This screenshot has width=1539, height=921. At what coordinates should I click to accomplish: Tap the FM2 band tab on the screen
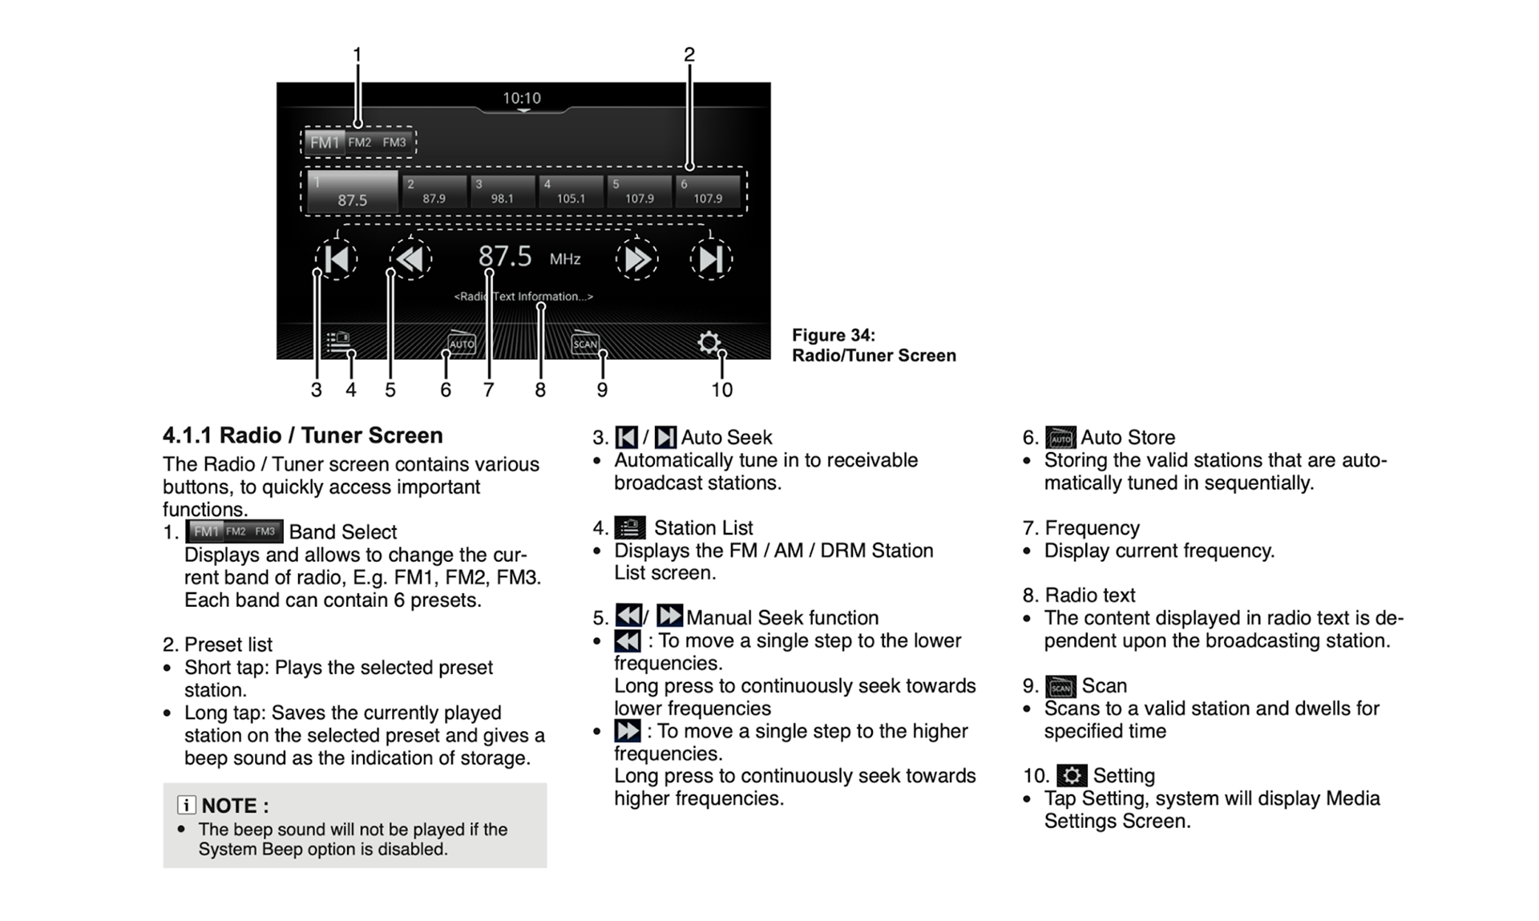click(x=360, y=143)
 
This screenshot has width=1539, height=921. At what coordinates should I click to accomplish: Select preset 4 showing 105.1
click(x=570, y=192)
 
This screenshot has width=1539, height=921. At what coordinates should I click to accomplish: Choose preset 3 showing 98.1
click(x=502, y=192)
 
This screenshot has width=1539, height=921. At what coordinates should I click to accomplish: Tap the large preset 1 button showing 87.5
click(x=352, y=192)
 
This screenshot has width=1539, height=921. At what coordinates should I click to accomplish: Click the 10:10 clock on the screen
click(x=522, y=98)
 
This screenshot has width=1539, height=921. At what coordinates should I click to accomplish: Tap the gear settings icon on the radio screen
click(x=709, y=343)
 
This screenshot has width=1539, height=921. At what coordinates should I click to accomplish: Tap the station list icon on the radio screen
click(x=338, y=342)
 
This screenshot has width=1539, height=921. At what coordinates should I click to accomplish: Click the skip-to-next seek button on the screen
click(x=711, y=259)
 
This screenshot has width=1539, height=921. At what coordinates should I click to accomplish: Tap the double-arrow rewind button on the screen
click(x=410, y=259)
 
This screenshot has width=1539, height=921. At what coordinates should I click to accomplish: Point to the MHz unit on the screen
click(x=565, y=259)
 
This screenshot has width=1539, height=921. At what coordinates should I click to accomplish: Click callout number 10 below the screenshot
click(x=721, y=390)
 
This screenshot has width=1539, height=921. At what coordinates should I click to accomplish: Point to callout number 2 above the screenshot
click(x=689, y=55)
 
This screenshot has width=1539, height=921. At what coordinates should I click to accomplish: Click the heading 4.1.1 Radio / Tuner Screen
click(x=302, y=435)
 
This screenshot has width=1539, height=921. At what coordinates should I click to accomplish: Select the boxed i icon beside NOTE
click(x=186, y=805)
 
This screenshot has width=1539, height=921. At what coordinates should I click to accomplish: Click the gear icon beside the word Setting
click(x=1072, y=775)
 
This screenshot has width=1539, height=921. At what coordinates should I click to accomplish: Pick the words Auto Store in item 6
click(x=1128, y=438)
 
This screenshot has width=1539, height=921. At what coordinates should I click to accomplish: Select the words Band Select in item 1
click(x=342, y=532)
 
